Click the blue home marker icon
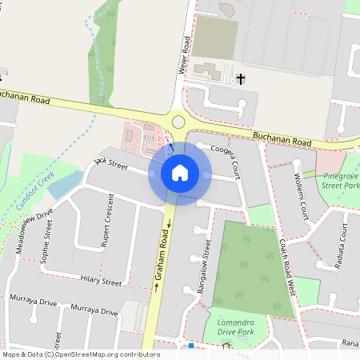180,172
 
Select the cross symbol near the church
240,78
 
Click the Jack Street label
110,163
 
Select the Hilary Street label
101,281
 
